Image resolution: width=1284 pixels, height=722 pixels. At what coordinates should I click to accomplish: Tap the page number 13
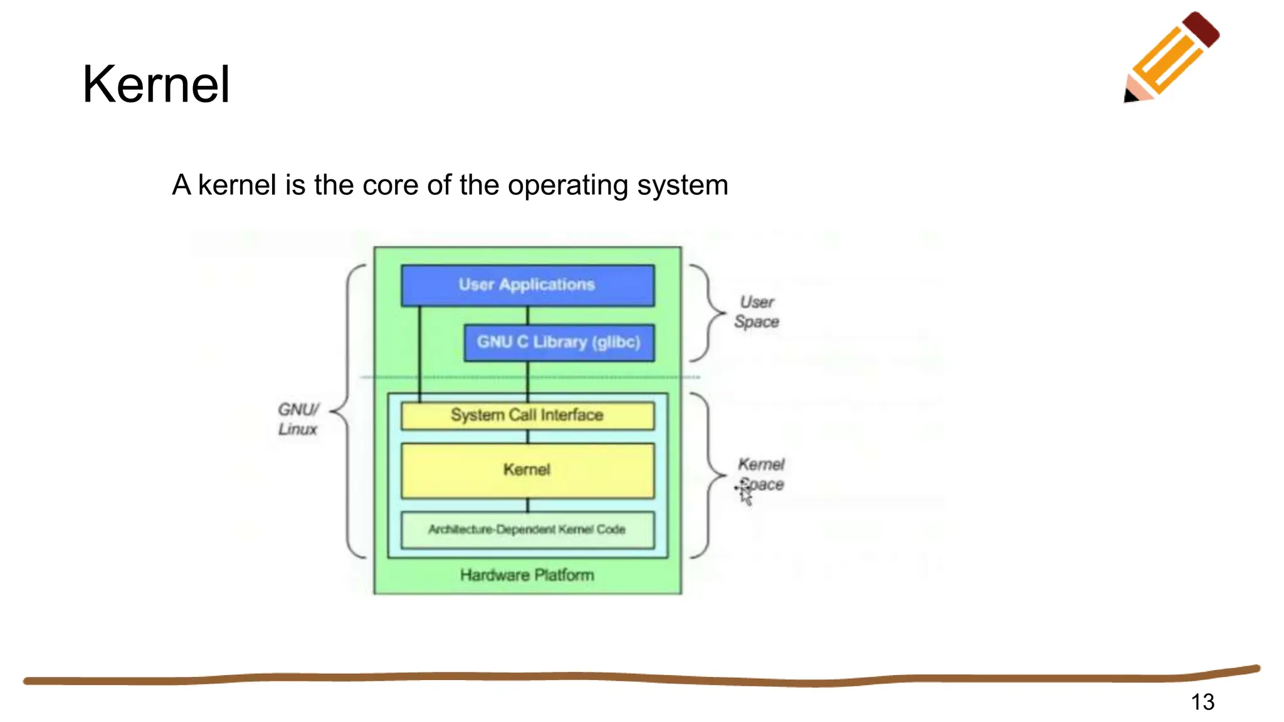point(1202,701)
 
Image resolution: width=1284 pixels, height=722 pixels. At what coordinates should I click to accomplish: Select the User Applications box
point(527,285)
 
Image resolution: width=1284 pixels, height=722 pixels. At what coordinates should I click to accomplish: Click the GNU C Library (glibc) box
point(558,342)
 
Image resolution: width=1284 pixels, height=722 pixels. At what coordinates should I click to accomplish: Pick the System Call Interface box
point(527,416)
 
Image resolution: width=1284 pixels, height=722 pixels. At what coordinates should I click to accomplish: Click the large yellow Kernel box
point(527,470)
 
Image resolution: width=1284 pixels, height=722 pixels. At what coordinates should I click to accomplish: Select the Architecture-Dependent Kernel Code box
point(527,530)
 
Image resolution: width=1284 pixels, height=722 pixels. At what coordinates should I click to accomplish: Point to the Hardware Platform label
point(527,575)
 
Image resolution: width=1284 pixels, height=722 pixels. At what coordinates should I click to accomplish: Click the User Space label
point(756,311)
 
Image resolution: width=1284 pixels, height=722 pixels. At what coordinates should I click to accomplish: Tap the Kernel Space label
point(761,474)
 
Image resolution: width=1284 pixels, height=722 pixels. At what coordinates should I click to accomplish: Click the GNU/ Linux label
point(298,419)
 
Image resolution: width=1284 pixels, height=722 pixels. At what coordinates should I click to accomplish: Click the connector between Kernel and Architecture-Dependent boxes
point(527,505)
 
